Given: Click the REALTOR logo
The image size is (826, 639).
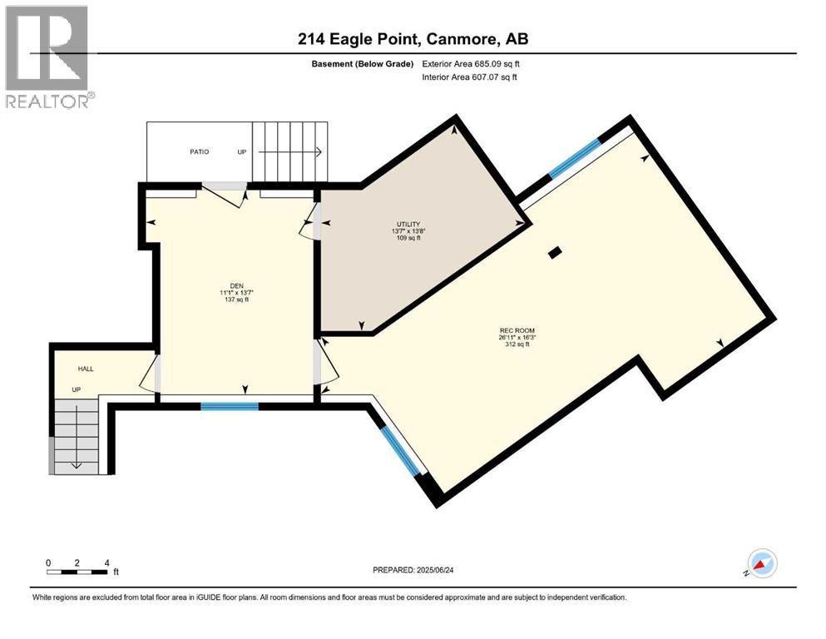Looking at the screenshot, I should click(47, 56).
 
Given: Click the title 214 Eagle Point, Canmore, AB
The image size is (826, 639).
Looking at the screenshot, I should click(413, 39).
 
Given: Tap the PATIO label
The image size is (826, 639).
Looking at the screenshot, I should click(198, 152).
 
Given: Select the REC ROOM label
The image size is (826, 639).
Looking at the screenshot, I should click(517, 337).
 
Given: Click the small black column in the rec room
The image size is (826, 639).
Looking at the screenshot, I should click(555, 252).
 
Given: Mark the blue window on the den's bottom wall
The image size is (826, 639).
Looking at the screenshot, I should click(230, 406).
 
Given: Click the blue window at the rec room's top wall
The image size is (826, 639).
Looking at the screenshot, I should click(574, 158).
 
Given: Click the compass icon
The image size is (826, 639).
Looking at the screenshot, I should click(761, 563).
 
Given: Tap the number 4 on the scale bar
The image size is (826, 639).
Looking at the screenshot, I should click(106, 562).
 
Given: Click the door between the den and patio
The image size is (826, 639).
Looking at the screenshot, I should click(225, 194).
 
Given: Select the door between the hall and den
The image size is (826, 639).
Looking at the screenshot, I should click(151, 373).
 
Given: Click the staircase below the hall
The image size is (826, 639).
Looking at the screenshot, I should click(77, 435).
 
